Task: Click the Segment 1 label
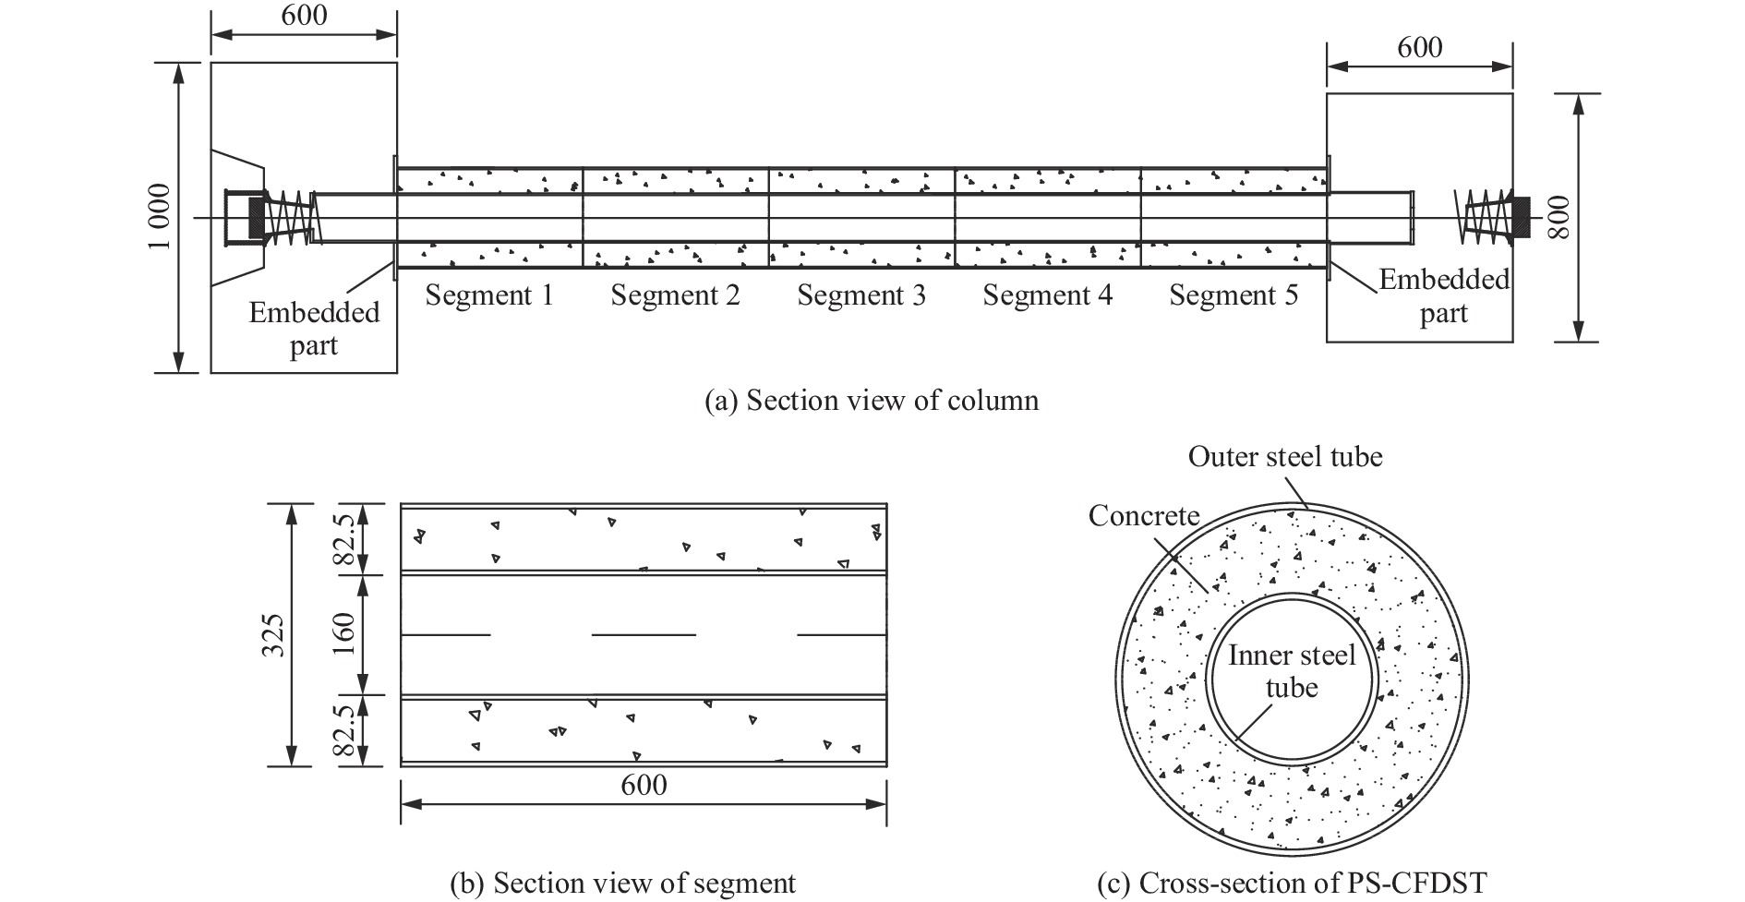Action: point(489,295)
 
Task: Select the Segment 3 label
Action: point(861,295)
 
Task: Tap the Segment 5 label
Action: point(1234,295)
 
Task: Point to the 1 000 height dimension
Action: point(159,218)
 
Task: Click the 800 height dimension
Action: point(1558,218)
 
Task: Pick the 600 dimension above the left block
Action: point(304,16)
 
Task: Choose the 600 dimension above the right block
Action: point(1419,47)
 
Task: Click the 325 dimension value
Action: point(272,635)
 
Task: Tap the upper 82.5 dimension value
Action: point(344,539)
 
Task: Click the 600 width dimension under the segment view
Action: point(644,785)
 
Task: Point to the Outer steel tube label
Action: point(1285,456)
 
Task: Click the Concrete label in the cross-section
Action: point(1144,515)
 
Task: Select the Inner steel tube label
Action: point(1292,671)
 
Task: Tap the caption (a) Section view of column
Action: point(872,400)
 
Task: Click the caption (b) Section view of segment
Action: point(622,884)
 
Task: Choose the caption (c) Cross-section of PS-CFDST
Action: point(1292,884)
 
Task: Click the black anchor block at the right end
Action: point(1521,218)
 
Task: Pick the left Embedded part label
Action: point(314,329)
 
